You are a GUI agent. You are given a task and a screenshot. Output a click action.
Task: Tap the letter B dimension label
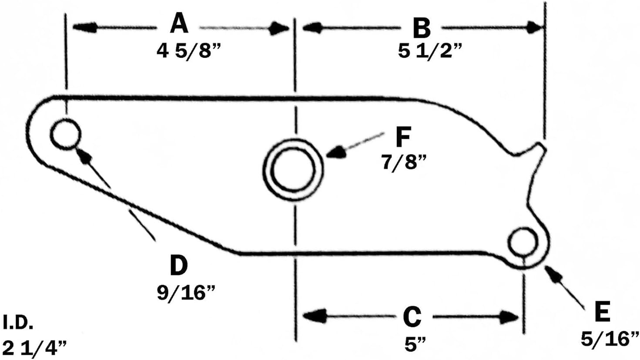[421, 28]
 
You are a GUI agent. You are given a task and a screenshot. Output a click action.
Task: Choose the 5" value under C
[414, 345]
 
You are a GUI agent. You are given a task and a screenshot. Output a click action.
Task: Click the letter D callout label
[178, 265]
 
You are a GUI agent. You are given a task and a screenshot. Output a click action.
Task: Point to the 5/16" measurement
[610, 339]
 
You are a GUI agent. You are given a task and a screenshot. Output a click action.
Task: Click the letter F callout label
[403, 137]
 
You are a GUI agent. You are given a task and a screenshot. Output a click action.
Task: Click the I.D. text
[18, 323]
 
